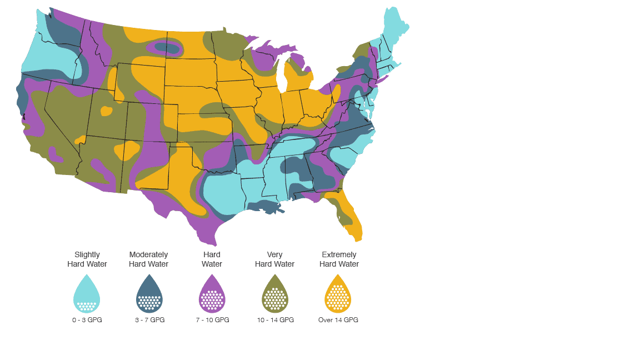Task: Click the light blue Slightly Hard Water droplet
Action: (87, 294)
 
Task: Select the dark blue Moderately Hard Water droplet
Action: (149, 294)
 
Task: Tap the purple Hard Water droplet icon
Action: (212, 294)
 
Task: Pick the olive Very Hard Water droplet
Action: (275, 294)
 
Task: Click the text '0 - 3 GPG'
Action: (87, 320)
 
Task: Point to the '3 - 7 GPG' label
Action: (149, 320)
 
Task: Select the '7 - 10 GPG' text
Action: (212, 320)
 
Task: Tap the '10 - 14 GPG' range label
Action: (275, 320)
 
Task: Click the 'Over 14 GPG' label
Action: (338, 320)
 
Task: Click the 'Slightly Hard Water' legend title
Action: (87, 259)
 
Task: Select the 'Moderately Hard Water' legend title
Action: (148, 259)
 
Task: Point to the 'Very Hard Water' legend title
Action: (274, 259)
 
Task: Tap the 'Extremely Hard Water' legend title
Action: (339, 259)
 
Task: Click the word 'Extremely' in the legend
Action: (339, 255)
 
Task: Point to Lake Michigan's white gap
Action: (281, 75)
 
